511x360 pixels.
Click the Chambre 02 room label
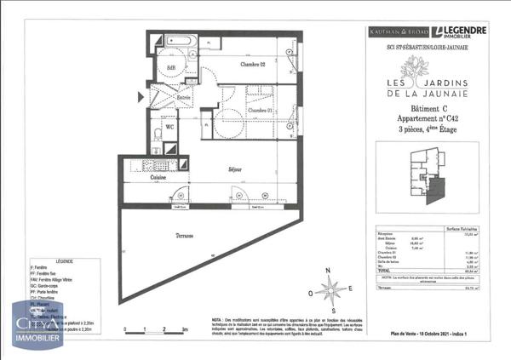point(253,66)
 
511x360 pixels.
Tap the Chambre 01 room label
point(259,111)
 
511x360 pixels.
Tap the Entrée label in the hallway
point(183,98)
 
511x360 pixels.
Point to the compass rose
point(330,289)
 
